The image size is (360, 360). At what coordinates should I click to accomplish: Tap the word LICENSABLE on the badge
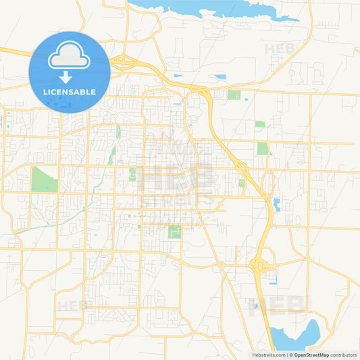click(x=70, y=91)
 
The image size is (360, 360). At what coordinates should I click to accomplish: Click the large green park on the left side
click(x=43, y=179)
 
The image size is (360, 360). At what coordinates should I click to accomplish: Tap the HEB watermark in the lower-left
click(x=73, y=305)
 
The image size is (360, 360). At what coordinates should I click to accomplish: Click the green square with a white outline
click(x=174, y=232)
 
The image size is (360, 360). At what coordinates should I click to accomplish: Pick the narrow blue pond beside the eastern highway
click(x=276, y=204)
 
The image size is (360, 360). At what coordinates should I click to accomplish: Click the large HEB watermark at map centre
click(x=178, y=177)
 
